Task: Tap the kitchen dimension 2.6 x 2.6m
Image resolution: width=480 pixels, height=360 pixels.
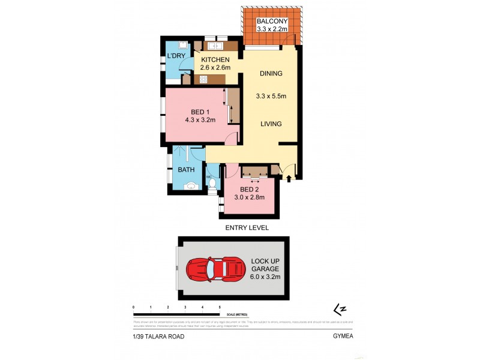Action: [x=215, y=68]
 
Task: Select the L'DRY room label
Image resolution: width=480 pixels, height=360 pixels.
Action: [x=176, y=56]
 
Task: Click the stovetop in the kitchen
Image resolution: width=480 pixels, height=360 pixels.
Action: [x=203, y=79]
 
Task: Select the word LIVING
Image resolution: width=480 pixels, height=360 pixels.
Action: [x=271, y=124]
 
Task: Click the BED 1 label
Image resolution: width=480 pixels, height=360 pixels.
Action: [x=200, y=112]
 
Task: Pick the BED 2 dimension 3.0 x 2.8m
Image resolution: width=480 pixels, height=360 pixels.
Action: [x=251, y=199]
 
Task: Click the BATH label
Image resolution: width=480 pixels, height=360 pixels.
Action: [x=185, y=170]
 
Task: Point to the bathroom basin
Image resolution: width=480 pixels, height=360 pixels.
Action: [x=190, y=187]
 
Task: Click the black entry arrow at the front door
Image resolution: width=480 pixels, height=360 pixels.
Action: [x=290, y=178]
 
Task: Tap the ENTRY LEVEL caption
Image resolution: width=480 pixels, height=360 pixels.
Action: [x=247, y=228]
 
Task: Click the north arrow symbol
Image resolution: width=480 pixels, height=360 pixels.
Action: [x=340, y=309]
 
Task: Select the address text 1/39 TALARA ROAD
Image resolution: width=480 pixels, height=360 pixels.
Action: [x=159, y=337]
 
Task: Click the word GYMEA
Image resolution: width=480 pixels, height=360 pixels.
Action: [x=344, y=337]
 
